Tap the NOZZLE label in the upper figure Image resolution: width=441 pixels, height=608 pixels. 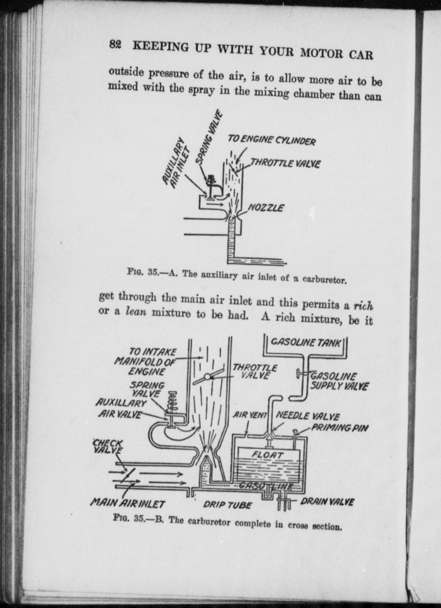(266, 208)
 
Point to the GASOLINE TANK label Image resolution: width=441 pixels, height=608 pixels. (306, 342)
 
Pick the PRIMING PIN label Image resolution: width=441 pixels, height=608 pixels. (340, 428)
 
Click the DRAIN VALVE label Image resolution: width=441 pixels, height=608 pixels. (327, 502)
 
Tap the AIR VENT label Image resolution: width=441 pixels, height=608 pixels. (250, 415)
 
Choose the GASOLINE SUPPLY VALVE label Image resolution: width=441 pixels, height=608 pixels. (339, 381)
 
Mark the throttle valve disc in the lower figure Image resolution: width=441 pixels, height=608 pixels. (208, 377)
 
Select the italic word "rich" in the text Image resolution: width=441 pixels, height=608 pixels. (363, 306)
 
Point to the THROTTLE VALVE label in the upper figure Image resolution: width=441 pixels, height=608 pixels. (285, 163)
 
